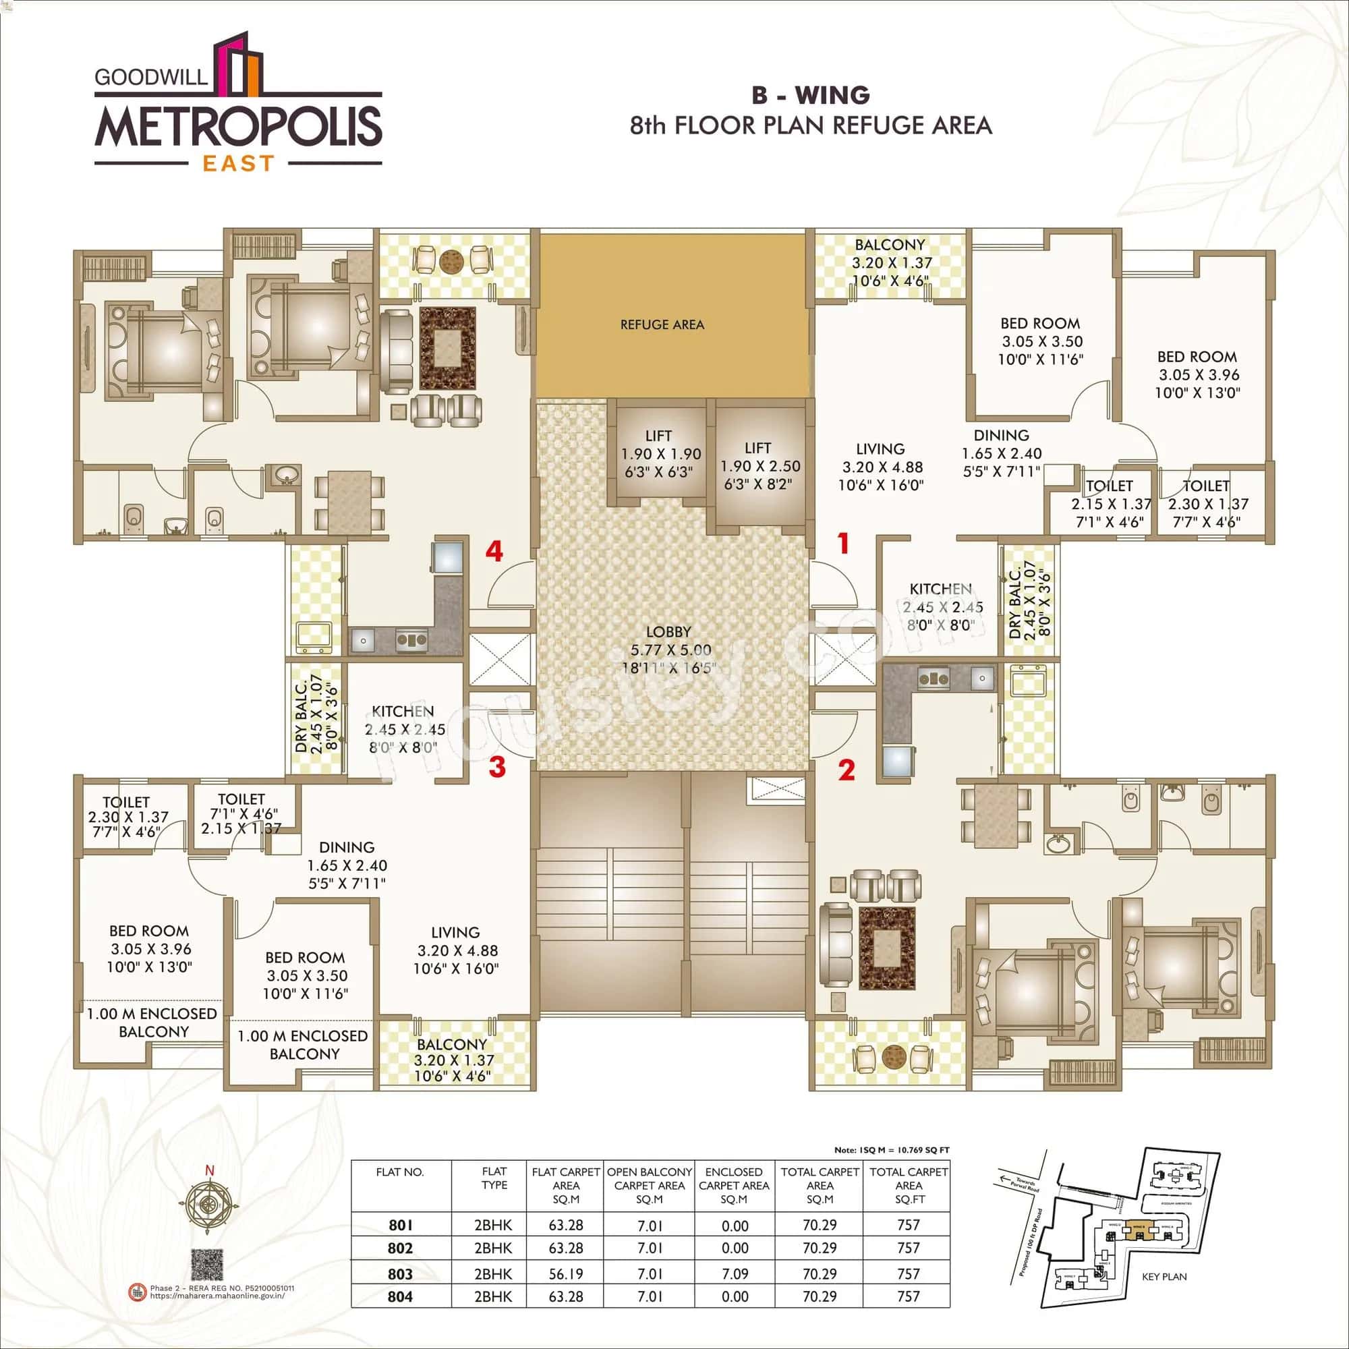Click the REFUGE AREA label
pyautogui.click(x=662, y=324)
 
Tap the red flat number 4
pyautogui.click(x=494, y=552)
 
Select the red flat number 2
pyautogui.click(x=846, y=771)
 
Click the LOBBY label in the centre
pyautogui.click(x=668, y=631)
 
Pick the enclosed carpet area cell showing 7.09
pyautogui.click(x=734, y=1273)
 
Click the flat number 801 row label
pyautogui.click(x=400, y=1225)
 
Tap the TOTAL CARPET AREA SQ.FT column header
pyautogui.click(x=909, y=1185)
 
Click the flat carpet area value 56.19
pyautogui.click(x=566, y=1273)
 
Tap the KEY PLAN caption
pyautogui.click(x=1164, y=1276)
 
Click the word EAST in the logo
pyautogui.click(x=239, y=163)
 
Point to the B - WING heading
pyautogui.click(x=810, y=94)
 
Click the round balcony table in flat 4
pyautogui.click(x=451, y=262)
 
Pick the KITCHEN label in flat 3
pyautogui.click(x=403, y=711)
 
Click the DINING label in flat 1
pyautogui.click(x=1000, y=435)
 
